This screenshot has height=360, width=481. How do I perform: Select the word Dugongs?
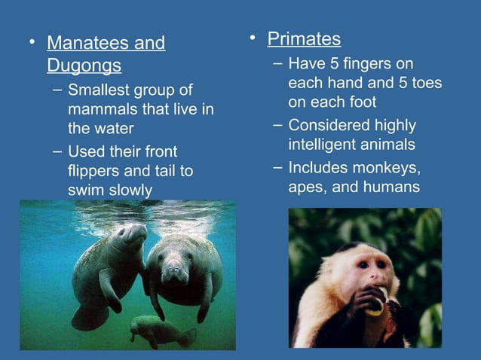coord(84,66)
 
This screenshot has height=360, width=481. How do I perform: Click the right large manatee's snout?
coord(175,273)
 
